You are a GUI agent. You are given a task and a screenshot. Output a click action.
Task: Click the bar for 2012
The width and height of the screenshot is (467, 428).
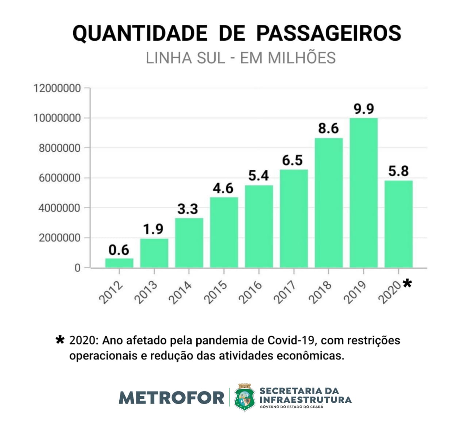click(x=119, y=263)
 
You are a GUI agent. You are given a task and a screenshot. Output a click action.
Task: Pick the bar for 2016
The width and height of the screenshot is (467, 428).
click(x=259, y=226)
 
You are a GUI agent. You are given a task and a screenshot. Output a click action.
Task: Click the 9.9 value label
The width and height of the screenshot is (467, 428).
click(x=364, y=109)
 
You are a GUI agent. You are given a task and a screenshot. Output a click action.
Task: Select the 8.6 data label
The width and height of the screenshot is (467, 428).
click(x=328, y=128)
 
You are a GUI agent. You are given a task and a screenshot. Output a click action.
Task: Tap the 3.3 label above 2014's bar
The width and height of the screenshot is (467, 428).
click(x=188, y=209)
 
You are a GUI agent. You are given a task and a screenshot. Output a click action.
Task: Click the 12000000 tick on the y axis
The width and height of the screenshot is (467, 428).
click(x=57, y=88)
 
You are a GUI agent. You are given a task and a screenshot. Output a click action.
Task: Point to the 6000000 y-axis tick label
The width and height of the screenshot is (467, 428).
click(x=57, y=178)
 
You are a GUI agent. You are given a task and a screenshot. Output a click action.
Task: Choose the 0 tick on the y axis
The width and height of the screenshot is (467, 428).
click(x=77, y=268)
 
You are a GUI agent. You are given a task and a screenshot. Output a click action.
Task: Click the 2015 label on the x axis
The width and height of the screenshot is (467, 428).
click(x=215, y=292)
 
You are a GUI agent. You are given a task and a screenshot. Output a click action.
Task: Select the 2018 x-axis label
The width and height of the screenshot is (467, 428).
click(x=320, y=292)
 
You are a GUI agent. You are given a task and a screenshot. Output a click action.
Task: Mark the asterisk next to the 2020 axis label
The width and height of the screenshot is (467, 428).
click(x=407, y=283)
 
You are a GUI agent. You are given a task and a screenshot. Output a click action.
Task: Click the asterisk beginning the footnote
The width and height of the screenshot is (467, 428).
click(x=60, y=340)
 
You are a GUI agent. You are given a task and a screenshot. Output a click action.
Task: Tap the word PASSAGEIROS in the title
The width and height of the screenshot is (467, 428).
click(x=328, y=33)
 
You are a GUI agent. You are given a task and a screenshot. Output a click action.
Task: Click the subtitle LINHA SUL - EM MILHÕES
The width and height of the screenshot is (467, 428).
click(x=240, y=58)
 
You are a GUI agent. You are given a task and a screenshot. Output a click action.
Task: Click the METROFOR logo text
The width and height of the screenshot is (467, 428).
click(x=171, y=397)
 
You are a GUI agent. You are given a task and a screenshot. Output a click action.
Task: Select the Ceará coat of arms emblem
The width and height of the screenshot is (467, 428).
click(x=244, y=397)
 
